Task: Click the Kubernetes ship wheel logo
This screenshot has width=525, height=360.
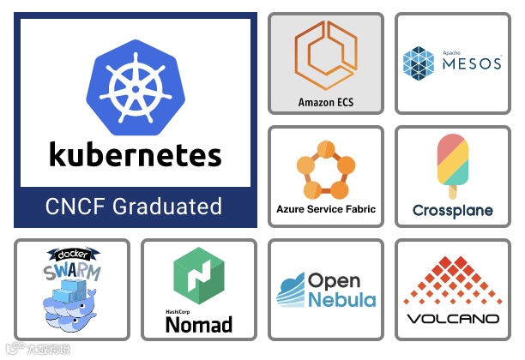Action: tap(136, 83)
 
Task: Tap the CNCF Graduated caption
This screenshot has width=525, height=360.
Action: tap(134, 207)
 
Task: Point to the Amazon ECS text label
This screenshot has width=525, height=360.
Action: tap(326, 102)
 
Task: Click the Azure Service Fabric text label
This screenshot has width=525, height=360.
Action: tap(326, 209)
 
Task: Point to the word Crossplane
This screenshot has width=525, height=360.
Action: tap(452, 210)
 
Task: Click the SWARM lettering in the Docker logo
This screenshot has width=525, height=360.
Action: tap(72, 273)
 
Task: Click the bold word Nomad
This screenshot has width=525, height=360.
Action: tap(198, 324)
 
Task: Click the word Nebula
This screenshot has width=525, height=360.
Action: tap(341, 300)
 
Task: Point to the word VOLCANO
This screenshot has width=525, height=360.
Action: tap(452, 319)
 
